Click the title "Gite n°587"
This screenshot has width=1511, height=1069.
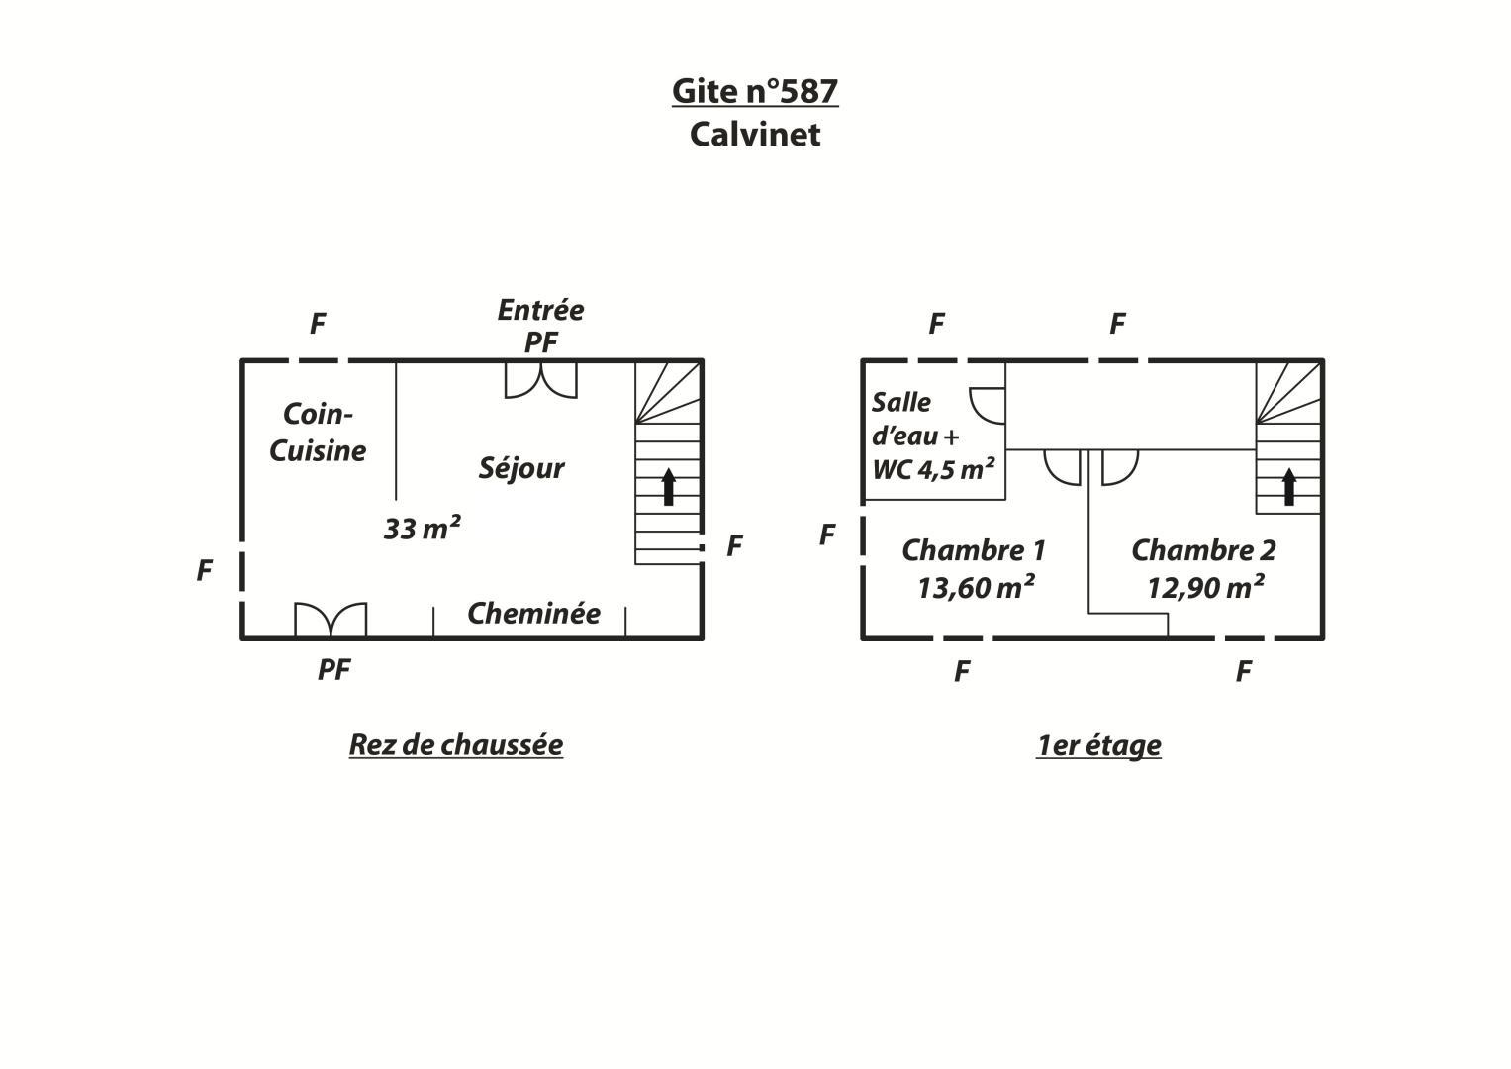click(755, 91)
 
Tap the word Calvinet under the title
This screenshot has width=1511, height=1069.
click(755, 135)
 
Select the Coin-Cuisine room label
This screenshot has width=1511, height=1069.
click(318, 432)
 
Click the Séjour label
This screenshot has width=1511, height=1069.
click(521, 467)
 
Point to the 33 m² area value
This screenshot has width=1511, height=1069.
click(423, 528)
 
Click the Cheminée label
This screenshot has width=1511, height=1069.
click(533, 613)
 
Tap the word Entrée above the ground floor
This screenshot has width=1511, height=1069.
click(541, 310)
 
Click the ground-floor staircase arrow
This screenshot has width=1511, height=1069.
click(669, 487)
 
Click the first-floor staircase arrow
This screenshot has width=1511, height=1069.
click(1289, 487)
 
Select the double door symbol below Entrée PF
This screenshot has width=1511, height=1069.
click(541, 381)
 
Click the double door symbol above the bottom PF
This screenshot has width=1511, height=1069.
click(331, 620)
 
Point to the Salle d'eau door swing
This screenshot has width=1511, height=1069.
click(988, 406)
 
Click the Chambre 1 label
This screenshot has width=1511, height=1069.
click(974, 550)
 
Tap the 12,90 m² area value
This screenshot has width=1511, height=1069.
click(1205, 587)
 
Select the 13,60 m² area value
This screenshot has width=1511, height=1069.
click(976, 587)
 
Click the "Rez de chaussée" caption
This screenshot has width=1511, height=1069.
click(456, 745)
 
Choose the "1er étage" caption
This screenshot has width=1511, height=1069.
click(1098, 745)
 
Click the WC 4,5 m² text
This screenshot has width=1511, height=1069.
click(933, 469)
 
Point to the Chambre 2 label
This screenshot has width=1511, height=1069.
click(1203, 550)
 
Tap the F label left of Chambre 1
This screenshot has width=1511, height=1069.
click(827, 534)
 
